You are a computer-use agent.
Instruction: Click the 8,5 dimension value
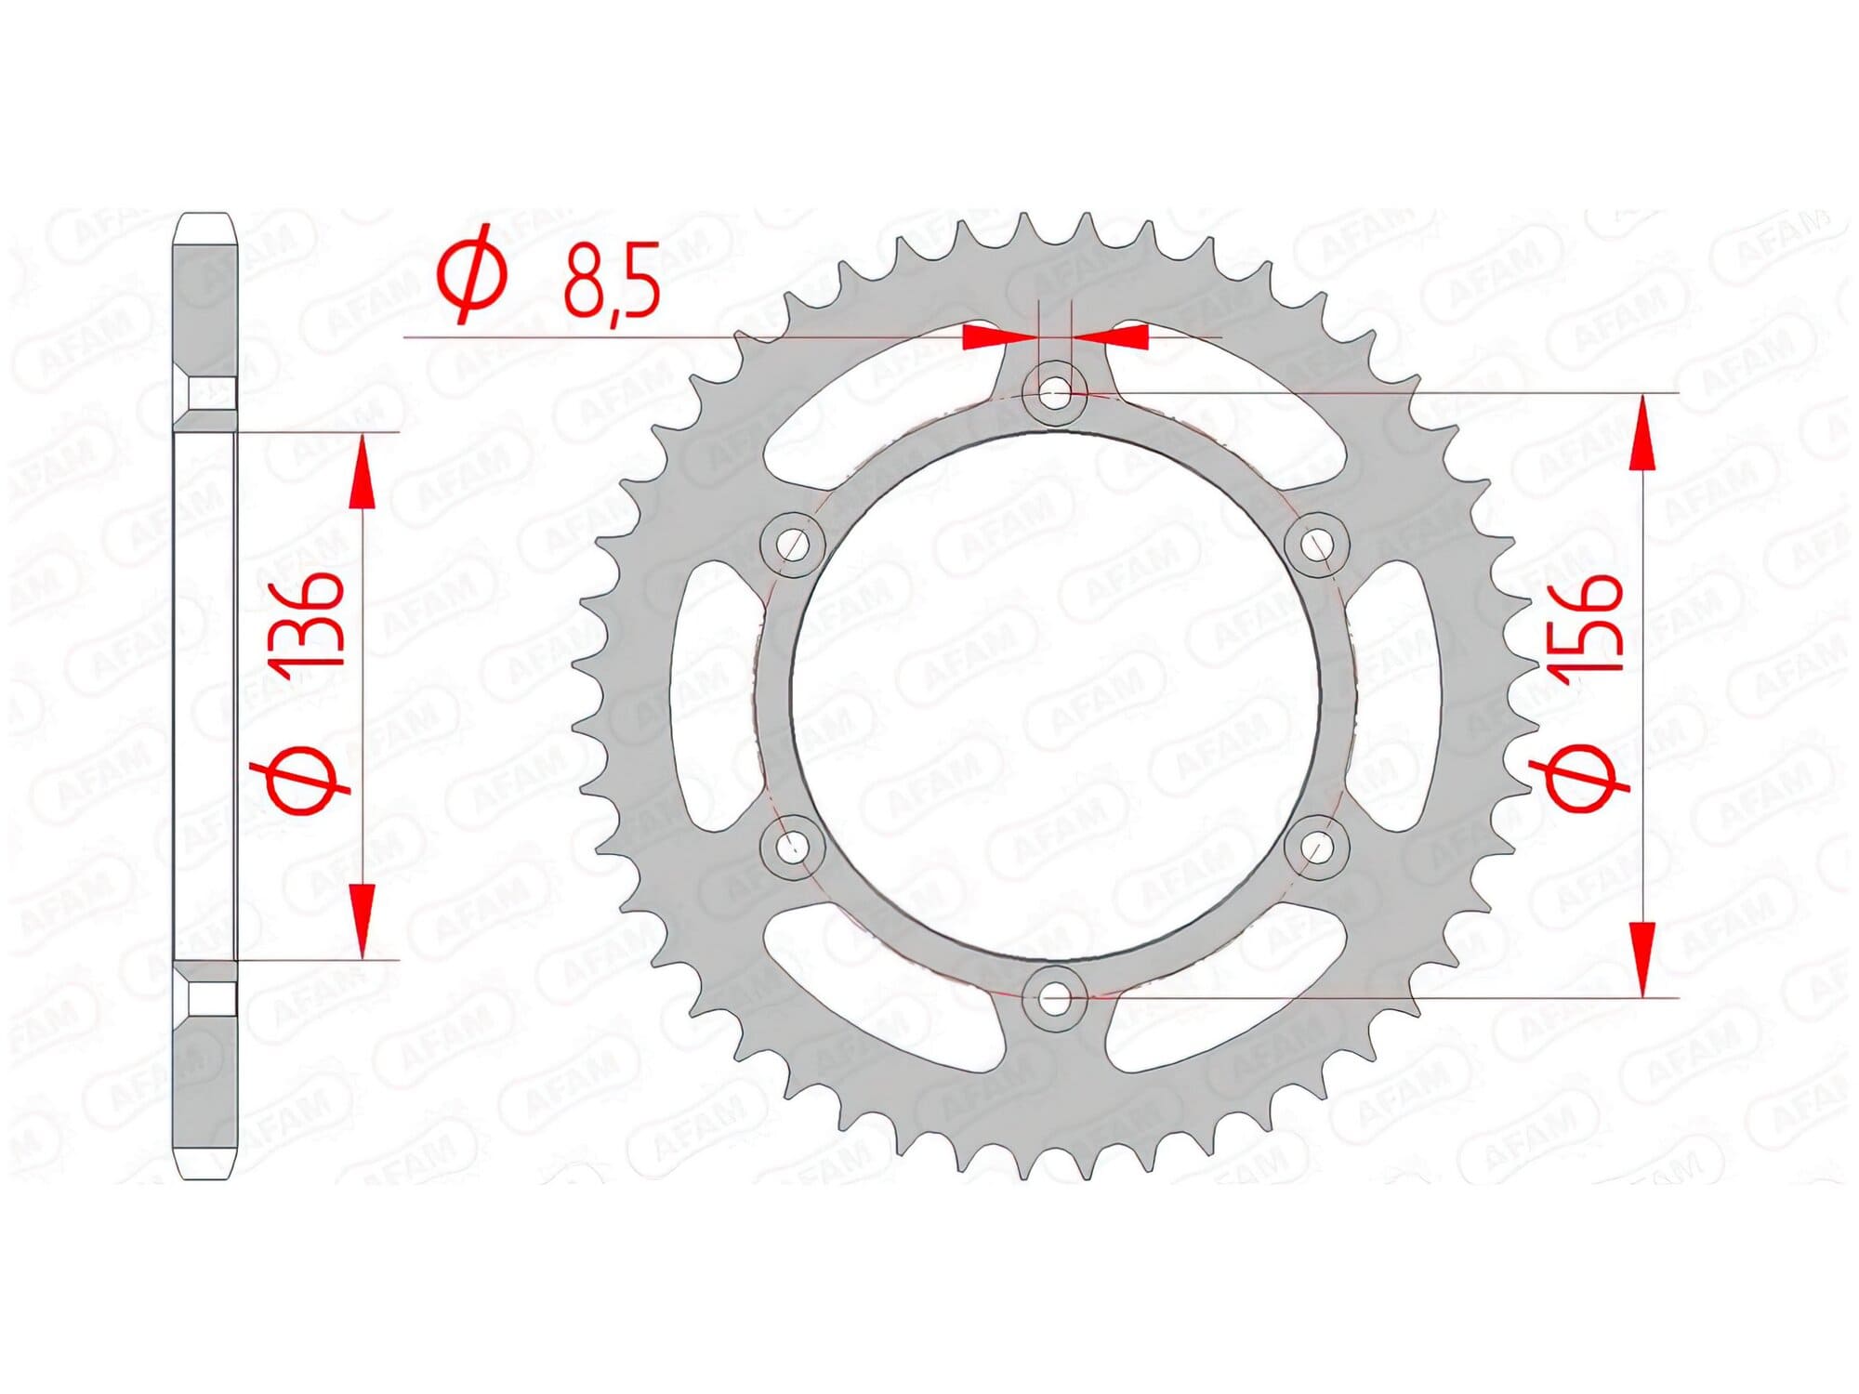coord(611,280)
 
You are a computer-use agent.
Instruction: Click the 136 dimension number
coord(307,620)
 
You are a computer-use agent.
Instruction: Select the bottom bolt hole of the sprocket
coord(1053,999)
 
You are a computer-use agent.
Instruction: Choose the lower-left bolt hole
coord(792,846)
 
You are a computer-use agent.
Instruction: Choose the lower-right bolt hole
coord(1316,846)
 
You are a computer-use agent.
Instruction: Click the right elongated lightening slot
coord(1391,695)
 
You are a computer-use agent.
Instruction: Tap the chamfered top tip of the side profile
coord(205,226)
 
